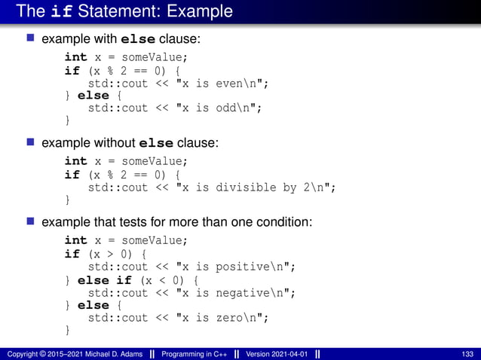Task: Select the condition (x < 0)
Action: pos(158,280)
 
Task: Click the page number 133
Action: pos(468,353)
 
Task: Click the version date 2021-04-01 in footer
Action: pos(290,353)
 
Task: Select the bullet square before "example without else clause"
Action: pos(31,141)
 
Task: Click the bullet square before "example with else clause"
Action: pos(31,37)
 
